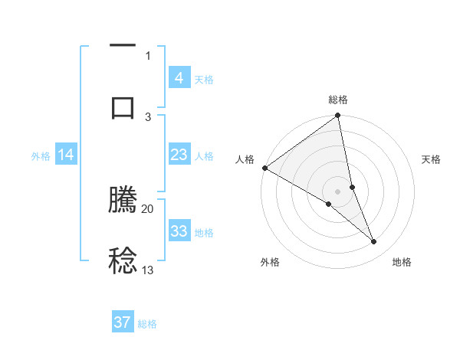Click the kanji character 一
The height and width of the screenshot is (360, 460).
[123, 47]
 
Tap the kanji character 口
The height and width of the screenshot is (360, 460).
[123, 107]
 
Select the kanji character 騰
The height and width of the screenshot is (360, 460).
[123, 201]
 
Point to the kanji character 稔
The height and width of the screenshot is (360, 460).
[123, 260]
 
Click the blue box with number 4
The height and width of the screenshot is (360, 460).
[179, 78]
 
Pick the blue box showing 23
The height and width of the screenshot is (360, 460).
[179, 155]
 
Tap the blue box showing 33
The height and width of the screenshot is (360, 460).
[179, 231]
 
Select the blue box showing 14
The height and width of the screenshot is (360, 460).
[66, 155]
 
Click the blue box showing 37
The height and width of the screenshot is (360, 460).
[123, 322]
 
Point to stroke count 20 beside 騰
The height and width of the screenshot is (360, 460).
[148, 208]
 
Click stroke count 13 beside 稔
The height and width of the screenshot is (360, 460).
[148, 270]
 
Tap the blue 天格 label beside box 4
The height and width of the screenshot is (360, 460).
[204, 79]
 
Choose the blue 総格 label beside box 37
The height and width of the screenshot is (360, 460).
[147, 324]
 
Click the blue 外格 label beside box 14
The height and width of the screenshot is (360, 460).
[41, 155]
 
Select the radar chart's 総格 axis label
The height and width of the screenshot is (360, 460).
[338, 100]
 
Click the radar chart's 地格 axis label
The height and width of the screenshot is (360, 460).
[402, 262]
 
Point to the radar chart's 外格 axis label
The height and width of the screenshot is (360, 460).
[270, 262]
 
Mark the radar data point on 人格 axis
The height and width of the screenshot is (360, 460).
[264, 168]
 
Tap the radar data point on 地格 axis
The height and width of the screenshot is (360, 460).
[374, 242]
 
